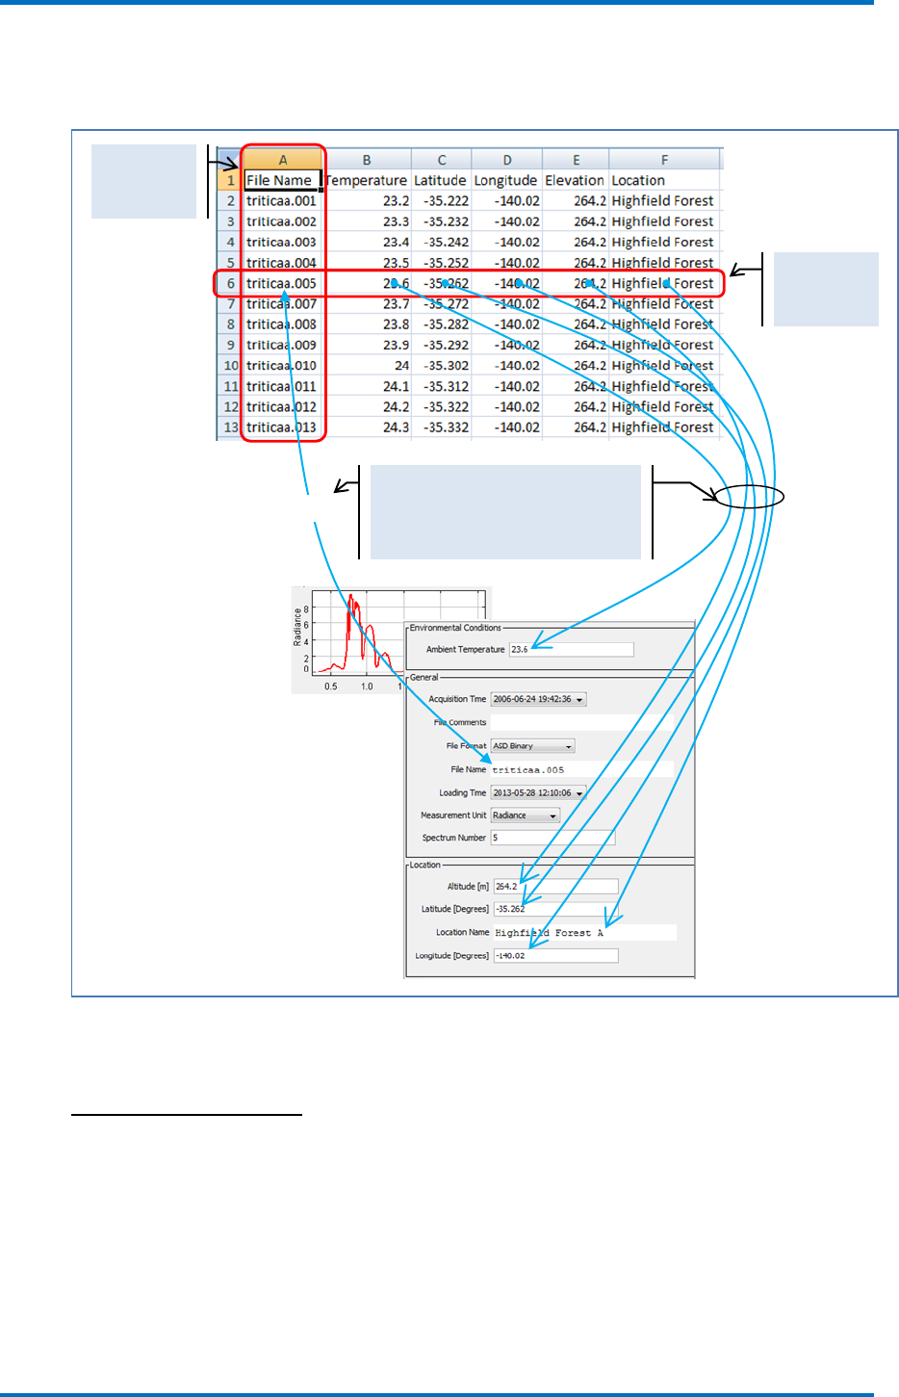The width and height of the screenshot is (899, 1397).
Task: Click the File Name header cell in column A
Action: point(281,180)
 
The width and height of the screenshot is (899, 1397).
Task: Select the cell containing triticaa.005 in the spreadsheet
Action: point(281,283)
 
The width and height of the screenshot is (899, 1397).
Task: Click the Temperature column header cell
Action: point(367,180)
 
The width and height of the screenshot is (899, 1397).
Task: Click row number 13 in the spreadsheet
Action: point(230,427)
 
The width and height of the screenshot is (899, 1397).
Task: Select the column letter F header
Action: point(664,160)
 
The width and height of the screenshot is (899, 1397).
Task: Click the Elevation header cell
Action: point(575,180)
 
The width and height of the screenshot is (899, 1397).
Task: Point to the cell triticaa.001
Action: point(281,201)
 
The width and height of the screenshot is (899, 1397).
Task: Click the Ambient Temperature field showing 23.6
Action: point(571,650)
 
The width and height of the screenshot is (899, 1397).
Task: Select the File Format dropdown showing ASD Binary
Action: point(532,746)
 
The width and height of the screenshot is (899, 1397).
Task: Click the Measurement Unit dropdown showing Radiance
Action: point(525,815)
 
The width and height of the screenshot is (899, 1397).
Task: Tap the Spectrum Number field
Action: point(552,838)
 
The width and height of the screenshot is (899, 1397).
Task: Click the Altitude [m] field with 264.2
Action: point(555,887)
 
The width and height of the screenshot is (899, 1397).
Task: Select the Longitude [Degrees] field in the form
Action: point(555,956)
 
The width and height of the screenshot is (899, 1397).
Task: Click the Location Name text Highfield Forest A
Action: point(549,933)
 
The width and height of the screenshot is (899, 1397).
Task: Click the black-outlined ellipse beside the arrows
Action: point(750,497)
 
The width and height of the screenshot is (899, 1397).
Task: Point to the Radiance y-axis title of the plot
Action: point(297,627)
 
